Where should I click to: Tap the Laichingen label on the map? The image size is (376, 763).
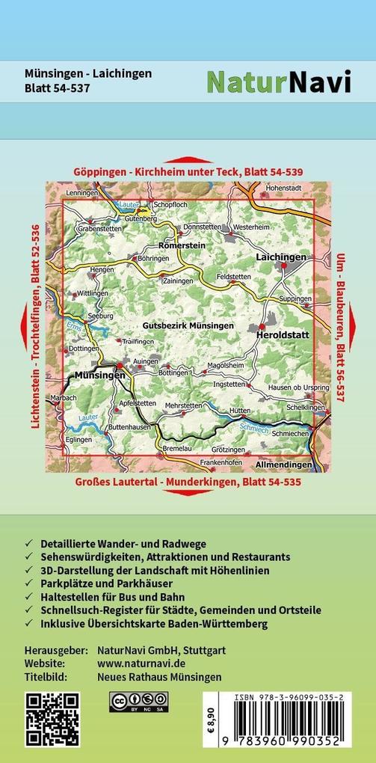281,257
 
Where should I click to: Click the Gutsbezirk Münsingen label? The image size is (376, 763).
188,326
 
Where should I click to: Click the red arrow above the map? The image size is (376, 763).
187,159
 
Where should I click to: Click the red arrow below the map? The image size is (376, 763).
187,494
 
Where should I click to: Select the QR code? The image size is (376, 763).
52,720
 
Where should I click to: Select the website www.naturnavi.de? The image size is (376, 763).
141,663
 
